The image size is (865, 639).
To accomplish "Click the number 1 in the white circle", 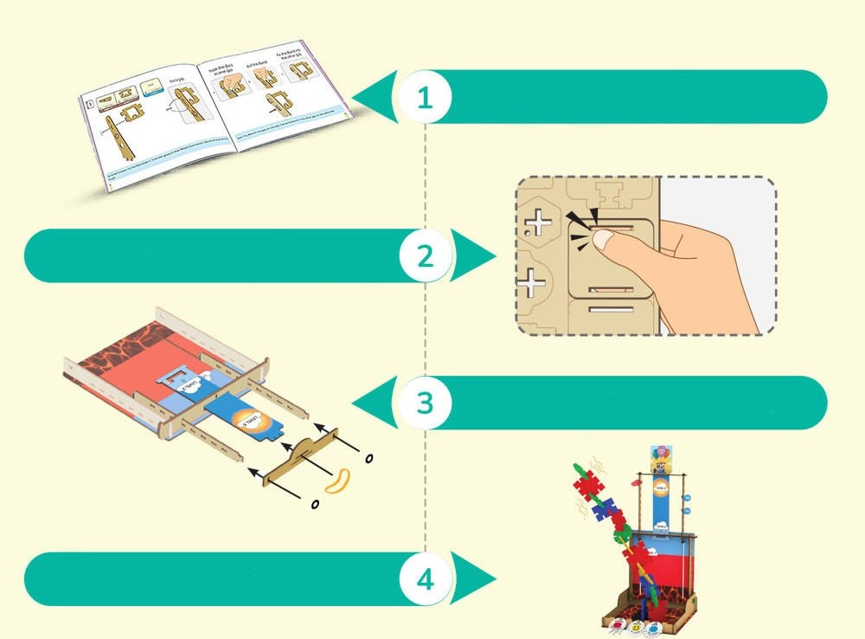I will click(x=424, y=97).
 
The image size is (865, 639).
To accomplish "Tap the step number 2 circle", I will click(x=424, y=256).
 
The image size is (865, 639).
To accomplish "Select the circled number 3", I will click(x=424, y=403).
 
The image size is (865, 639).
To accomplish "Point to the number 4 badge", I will click(x=425, y=579).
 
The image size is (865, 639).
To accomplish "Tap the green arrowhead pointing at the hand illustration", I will click(x=474, y=256).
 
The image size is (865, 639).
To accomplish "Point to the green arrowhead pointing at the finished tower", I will click(x=474, y=579).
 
